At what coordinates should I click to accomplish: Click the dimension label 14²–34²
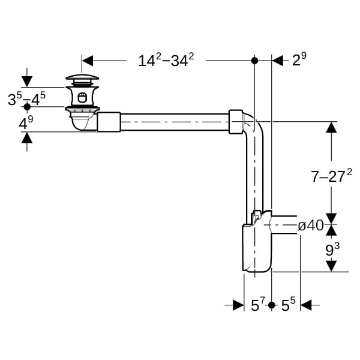tap(166, 60)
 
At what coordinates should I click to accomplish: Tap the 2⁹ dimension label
tap(299, 59)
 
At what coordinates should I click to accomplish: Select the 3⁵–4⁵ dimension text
tap(26, 99)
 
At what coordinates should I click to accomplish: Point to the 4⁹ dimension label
tap(26, 123)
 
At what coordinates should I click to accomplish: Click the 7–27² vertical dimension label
tap(331, 176)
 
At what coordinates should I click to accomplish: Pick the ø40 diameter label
tap(311, 226)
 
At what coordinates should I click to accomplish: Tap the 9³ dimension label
tap(332, 250)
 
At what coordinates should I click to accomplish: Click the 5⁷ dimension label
tap(258, 304)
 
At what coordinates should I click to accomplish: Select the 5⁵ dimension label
tap(289, 304)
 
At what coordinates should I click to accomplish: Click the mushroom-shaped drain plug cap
tap(82, 77)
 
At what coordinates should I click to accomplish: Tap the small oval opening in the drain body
tap(82, 97)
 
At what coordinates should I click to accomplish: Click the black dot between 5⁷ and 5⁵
tap(272, 305)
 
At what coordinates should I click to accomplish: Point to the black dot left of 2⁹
tap(254, 61)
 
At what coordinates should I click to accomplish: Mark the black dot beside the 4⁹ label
tap(27, 107)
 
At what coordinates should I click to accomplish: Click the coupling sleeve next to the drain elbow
tap(109, 122)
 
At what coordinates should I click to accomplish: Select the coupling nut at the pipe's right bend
tap(236, 122)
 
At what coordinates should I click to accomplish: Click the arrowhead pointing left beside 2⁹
tap(278, 61)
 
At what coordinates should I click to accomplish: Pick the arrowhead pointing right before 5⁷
tap(238, 305)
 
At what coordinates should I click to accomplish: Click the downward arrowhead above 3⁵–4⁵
tap(27, 82)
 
